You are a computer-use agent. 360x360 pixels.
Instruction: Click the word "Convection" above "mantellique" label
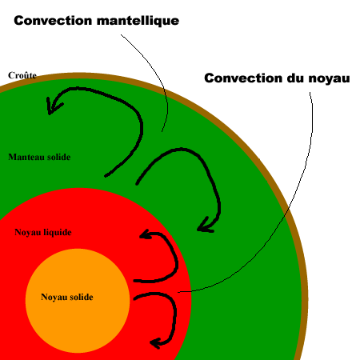point(53,21)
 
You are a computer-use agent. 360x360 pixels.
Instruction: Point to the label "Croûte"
point(22,75)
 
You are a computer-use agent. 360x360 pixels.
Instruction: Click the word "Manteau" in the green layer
point(26,157)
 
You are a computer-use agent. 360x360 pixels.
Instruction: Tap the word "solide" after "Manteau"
point(59,157)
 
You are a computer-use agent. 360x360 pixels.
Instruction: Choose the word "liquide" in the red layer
point(58,232)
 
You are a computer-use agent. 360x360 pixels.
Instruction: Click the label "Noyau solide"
point(67,297)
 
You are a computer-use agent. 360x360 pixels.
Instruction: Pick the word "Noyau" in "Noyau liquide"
point(28,232)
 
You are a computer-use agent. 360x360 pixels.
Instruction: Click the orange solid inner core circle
point(78,320)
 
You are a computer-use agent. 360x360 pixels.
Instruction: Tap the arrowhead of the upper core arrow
point(146,234)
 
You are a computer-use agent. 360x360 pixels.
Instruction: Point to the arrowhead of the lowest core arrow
point(156,343)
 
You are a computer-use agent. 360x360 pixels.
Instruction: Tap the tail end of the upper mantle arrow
point(106,176)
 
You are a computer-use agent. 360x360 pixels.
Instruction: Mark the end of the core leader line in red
point(178,292)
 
